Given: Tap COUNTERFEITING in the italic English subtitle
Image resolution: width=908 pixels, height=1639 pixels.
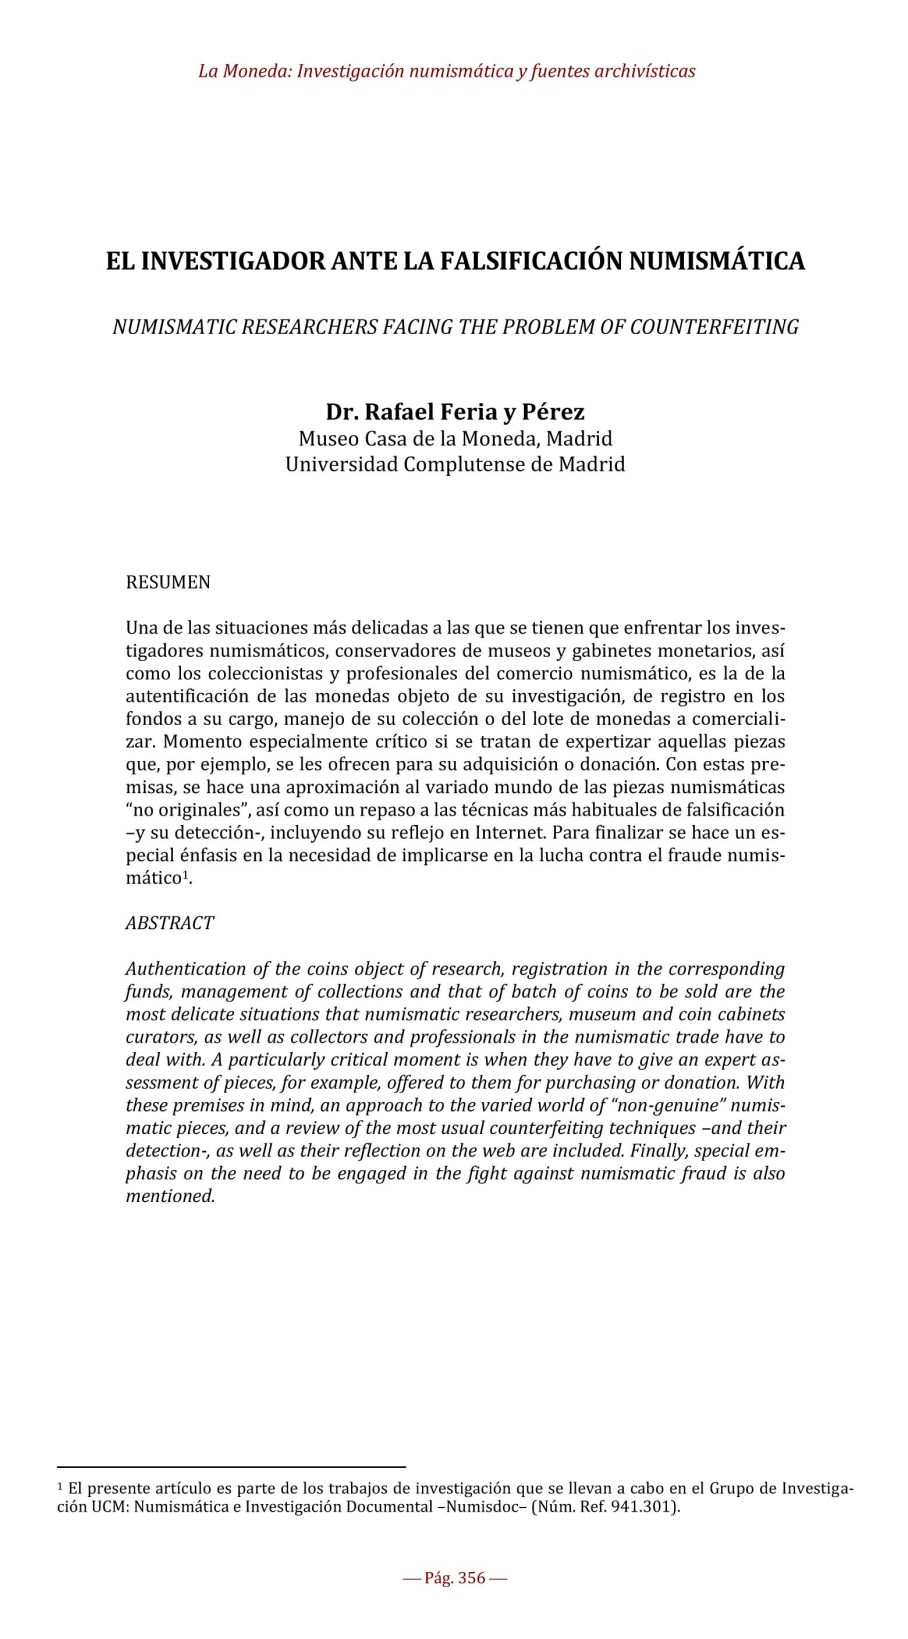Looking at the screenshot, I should [714, 327].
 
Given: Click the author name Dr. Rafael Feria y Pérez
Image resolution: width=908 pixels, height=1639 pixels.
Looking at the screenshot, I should [455, 412].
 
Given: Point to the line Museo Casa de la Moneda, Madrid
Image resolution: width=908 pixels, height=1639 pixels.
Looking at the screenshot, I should [455, 439].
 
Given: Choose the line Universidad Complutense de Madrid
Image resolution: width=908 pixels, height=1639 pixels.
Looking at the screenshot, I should [455, 465].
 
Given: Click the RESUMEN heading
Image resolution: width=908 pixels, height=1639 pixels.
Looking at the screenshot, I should [168, 582].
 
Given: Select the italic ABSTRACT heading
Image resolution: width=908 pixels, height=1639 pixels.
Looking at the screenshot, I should [169, 923].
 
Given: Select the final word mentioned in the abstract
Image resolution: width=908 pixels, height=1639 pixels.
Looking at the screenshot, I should [169, 1196].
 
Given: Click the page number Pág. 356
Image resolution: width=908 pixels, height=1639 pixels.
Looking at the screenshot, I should [455, 1578].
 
